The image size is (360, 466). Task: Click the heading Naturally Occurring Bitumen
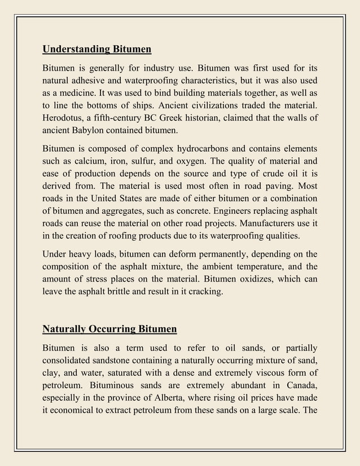(110, 329)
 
